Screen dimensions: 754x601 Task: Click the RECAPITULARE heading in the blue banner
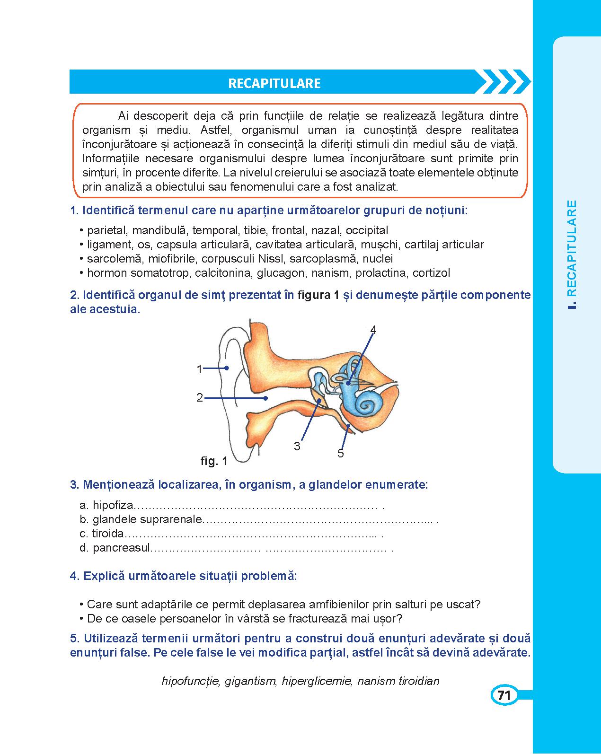[x=274, y=83]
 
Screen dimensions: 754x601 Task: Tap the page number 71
[x=504, y=695]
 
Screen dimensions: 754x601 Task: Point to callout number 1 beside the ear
[x=200, y=369]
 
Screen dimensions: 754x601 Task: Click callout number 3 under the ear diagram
[x=297, y=446]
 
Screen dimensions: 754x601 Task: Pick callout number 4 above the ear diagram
[x=373, y=330]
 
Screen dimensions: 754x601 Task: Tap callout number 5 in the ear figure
[x=341, y=454]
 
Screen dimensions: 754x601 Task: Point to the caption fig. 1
[x=214, y=461]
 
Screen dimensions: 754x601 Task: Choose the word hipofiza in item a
[x=114, y=505]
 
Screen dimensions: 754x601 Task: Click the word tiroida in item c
[x=108, y=534]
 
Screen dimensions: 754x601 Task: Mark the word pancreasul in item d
[x=121, y=548]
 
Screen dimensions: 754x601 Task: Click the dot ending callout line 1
[x=227, y=368]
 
